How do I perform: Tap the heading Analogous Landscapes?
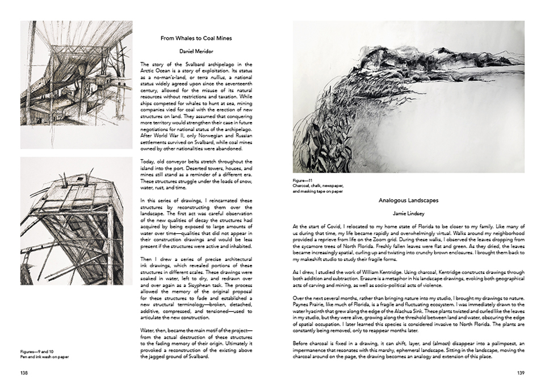[408, 200]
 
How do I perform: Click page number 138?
[24, 373]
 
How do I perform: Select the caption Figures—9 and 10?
[35, 352]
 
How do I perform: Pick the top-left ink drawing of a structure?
[76, 85]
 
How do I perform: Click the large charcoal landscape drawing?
[408, 96]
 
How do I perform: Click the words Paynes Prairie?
[308, 304]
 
